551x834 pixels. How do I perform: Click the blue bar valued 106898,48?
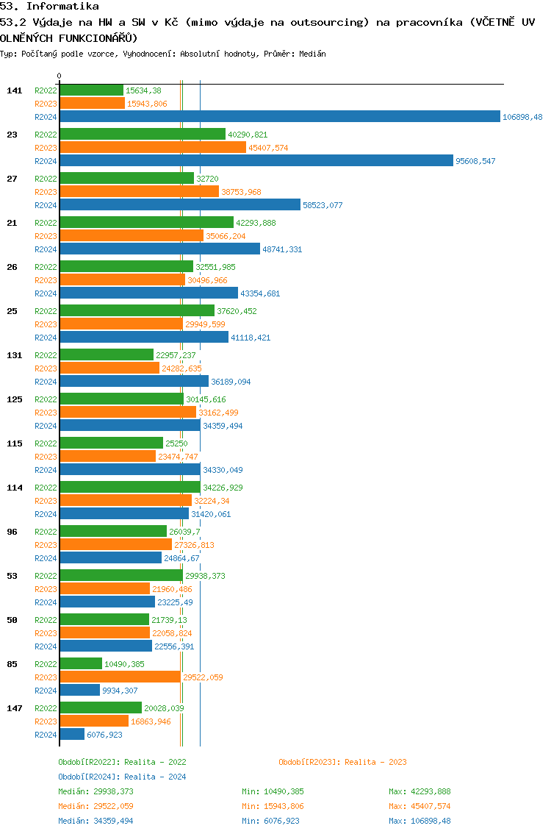click(279, 116)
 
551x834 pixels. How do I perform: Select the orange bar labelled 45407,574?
click(153, 147)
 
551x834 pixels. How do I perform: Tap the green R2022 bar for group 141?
click(91, 90)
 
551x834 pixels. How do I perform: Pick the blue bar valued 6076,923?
click(72, 734)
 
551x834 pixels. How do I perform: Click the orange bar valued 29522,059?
click(120, 677)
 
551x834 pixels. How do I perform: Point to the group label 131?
click(14, 355)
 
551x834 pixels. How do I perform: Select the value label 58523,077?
click(323, 205)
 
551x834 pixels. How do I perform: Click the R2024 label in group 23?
click(46, 161)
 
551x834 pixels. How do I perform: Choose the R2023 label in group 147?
click(46, 721)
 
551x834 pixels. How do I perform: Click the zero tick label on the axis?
click(60, 76)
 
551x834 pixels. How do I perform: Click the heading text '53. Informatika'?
click(49, 6)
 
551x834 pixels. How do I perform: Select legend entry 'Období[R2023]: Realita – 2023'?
click(342, 762)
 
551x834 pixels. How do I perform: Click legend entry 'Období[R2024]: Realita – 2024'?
click(122, 777)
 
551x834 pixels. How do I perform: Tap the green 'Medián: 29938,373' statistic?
click(96, 791)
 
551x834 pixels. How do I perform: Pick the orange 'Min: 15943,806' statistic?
click(273, 806)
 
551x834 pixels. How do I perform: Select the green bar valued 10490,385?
click(81, 663)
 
